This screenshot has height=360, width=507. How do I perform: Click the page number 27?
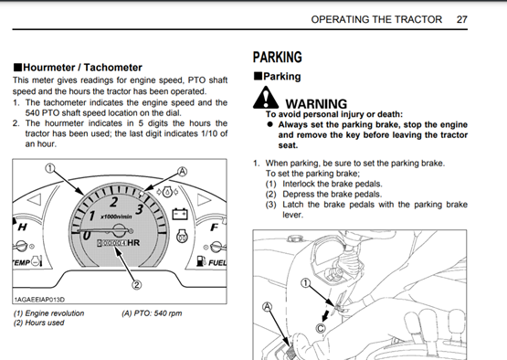coord(461,19)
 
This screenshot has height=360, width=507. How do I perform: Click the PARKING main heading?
coord(278,57)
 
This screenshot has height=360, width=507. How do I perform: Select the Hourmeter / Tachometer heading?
coord(78,68)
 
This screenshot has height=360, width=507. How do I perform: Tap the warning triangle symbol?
coord(266,98)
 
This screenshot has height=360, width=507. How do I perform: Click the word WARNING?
coord(316,104)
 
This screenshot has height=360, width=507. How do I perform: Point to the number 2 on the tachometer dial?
coord(114,202)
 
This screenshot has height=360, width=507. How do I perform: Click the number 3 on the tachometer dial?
coord(140,209)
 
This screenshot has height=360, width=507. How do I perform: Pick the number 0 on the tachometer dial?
coord(86,235)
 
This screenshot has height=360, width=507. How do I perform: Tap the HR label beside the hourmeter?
coord(133,242)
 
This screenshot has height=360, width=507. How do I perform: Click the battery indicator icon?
coord(180,214)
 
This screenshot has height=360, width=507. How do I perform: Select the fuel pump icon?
coord(201,261)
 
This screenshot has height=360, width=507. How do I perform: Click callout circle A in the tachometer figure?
coord(183,172)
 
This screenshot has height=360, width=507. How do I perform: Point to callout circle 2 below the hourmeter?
coord(137,285)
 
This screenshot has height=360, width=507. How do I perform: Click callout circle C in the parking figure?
coord(321,329)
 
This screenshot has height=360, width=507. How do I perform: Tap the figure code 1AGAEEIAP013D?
coord(39,300)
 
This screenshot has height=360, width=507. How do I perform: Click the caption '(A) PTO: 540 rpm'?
coord(152,313)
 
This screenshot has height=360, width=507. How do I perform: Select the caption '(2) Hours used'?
coord(38,323)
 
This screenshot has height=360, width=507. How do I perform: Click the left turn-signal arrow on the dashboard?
coord(35,199)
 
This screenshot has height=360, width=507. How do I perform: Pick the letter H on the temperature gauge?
coord(22,228)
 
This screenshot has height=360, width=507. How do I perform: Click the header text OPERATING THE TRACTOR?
coord(376,19)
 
